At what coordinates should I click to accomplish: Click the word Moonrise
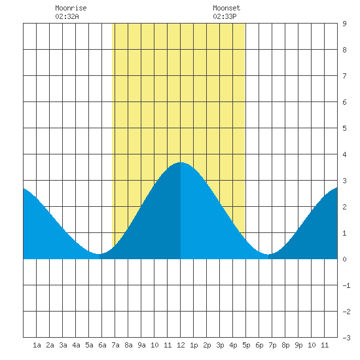tap(71, 8)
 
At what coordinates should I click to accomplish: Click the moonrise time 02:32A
tap(67, 16)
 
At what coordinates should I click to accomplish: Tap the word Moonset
tap(226, 8)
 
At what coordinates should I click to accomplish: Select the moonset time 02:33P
tap(225, 16)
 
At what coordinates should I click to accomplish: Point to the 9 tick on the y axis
tap(344, 24)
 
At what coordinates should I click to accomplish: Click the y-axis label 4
tap(344, 154)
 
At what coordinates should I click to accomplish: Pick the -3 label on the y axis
tap(346, 338)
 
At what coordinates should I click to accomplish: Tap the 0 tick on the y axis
tap(344, 259)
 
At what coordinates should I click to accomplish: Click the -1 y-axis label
tap(346, 285)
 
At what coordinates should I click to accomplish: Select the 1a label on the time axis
tap(37, 345)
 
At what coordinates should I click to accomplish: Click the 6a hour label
tap(102, 345)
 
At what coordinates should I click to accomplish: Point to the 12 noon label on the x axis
tap(181, 345)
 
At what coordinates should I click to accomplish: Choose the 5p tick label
tap(246, 345)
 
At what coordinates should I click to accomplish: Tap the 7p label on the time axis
tap(272, 345)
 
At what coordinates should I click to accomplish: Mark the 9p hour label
tap(298, 345)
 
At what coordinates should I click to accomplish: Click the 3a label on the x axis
tap(63, 345)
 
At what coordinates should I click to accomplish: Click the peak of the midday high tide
tap(181, 162)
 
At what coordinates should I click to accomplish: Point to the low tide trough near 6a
tap(99, 254)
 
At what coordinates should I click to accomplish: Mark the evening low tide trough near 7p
tap(268, 254)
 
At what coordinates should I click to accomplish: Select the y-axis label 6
tap(344, 102)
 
